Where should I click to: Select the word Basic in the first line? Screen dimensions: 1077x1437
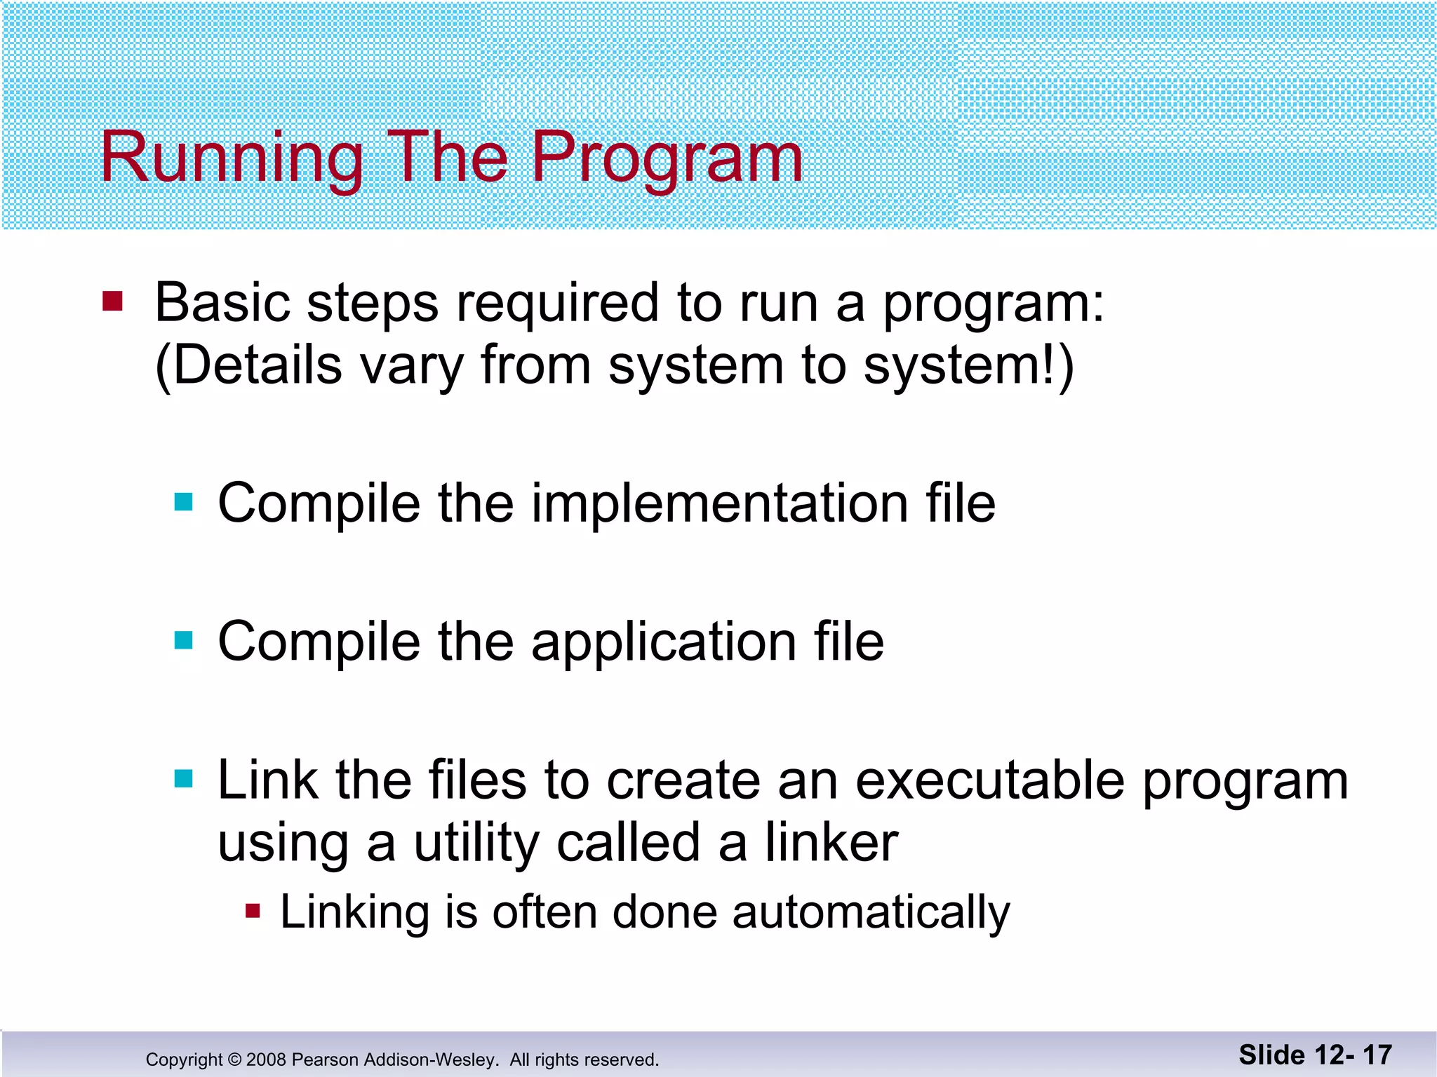[x=222, y=303]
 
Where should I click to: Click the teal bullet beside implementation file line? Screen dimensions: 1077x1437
[x=184, y=502]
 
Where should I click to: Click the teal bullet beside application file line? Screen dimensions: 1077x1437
[x=184, y=640]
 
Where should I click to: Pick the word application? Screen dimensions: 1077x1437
[x=664, y=642]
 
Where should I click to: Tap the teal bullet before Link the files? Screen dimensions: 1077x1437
[x=184, y=778]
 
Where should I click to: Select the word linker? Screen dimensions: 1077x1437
[x=831, y=841]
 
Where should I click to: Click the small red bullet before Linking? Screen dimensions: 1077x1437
[x=253, y=912]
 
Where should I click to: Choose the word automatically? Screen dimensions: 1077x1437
[x=871, y=913]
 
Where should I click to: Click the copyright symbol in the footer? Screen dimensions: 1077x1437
[x=234, y=1059]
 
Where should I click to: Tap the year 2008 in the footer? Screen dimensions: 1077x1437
[x=266, y=1059]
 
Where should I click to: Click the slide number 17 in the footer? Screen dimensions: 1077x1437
[x=1377, y=1055]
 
